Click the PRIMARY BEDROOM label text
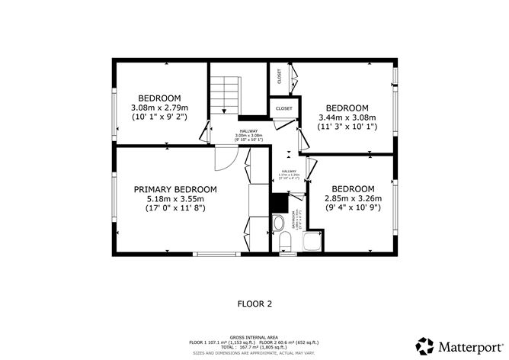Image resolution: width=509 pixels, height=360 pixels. pos(175,189)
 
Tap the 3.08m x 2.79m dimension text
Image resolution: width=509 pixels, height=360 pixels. pos(159,108)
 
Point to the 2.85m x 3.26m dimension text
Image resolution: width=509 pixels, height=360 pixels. pos(353,198)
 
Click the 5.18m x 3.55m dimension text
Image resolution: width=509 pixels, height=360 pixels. pos(175,198)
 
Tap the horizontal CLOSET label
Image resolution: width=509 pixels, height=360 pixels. pos(284,109)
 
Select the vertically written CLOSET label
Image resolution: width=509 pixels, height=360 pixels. pos(280,77)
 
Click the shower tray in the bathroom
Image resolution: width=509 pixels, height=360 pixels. pos(312,243)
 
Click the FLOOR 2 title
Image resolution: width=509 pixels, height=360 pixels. pos(254,304)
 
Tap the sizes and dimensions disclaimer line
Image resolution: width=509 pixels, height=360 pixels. pos(254,352)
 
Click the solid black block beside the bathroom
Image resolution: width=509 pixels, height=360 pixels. pos(280,203)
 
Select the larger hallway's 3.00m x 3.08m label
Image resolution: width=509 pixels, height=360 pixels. pos(248,137)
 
